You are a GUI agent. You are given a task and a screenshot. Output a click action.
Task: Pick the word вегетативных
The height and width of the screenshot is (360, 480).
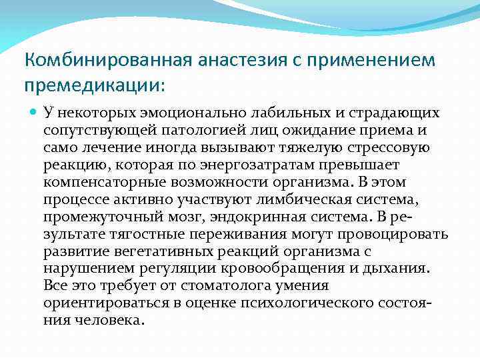145,252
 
